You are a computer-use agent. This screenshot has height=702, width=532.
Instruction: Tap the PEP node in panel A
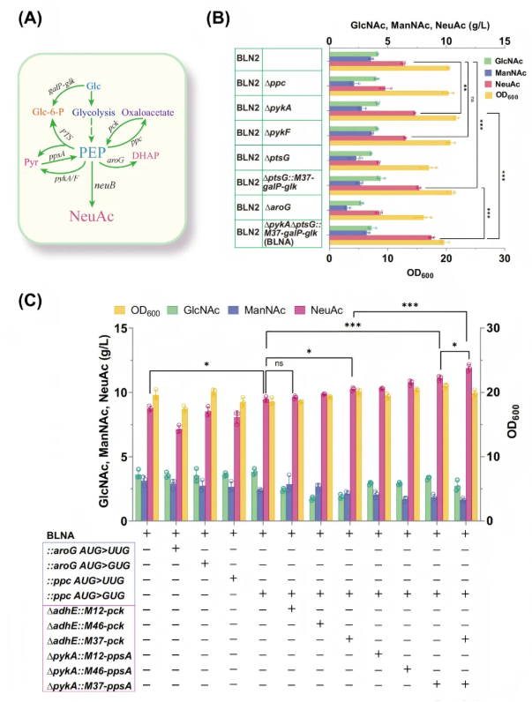coord(93,152)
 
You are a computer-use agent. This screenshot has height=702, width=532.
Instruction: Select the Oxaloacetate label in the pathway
coord(146,113)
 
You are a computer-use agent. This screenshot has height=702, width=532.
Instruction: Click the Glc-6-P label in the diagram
coord(49,114)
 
